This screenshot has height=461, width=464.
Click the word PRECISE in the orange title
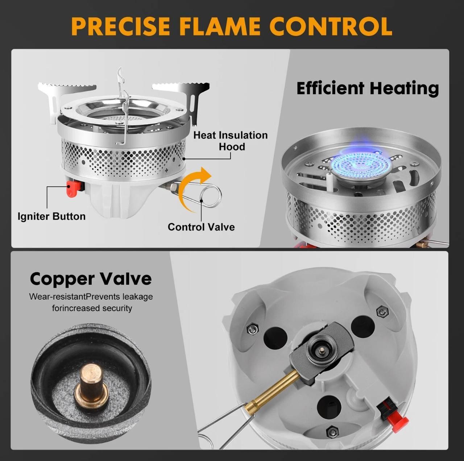pyautogui.click(x=121, y=26)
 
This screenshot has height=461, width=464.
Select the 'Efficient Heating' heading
pyautogui.click(x=368, y=88)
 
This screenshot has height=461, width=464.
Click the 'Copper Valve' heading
pyautogui.click(x=91, y=279)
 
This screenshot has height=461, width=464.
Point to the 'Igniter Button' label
pyautogui.click(x=51, y=216)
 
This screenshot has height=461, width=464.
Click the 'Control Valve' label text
pyautogui.click(x=201, y=227)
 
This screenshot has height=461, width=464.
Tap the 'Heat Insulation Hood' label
pyautogui.click(x=231, y=141)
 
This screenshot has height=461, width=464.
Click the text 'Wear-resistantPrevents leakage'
pyautogui.click(x=91, y=296)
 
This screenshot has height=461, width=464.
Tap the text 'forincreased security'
pyautogui.click(x=92, y=308)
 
